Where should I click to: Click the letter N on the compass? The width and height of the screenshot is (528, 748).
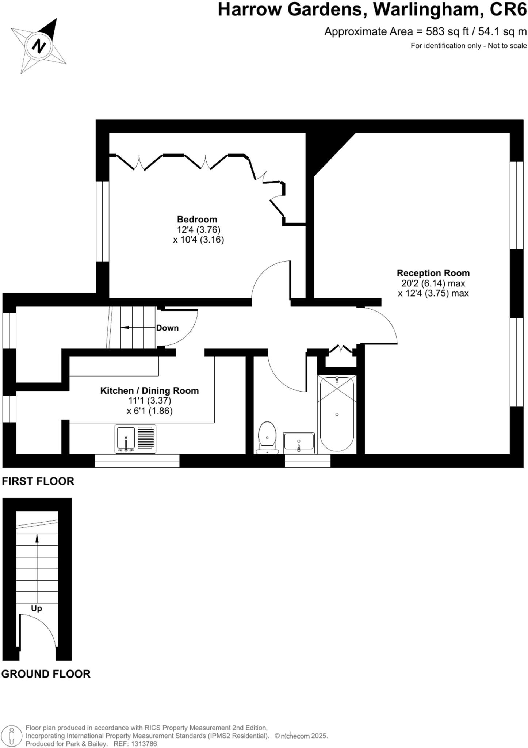[x=39, y=46]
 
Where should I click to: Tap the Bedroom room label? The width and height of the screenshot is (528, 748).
[x=197, y=220]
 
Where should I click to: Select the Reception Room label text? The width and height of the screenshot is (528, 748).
[x=433, y=273]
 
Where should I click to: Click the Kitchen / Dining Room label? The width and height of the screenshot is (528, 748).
[x=149, y=390]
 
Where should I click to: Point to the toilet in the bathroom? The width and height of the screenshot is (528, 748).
[x=267, y=436]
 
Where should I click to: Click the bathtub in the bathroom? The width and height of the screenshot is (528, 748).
[x=337, y=414]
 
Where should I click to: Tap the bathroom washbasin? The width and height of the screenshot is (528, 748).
[x=299, y=442]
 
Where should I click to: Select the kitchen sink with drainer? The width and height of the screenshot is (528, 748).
[x=135, y=439]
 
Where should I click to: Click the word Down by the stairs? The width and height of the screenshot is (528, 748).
[x=167, y=328]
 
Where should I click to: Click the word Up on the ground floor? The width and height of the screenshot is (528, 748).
[x=37, y=608]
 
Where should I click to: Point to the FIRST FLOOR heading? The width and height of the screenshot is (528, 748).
[x=38, y=481]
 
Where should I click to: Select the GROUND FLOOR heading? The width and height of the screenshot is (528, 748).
[x=46, y=674]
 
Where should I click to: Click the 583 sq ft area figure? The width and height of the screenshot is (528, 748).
[x=447, y=32]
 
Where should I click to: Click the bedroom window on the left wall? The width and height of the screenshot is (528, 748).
[x=103, y=221]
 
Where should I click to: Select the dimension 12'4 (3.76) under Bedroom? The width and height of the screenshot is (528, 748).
[x=199, y=230]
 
